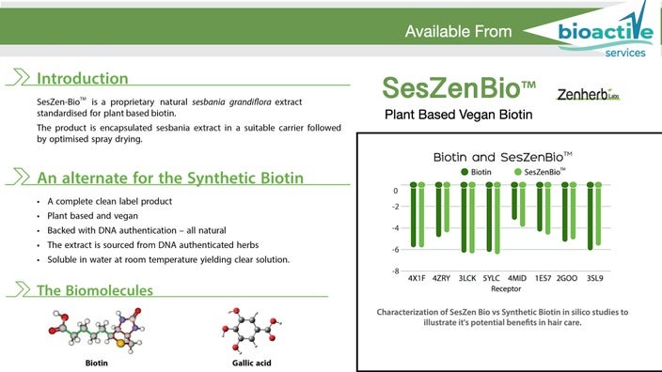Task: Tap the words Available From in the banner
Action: click(458, 32)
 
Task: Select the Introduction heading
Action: click(83, 78)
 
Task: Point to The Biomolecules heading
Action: click(94, 290)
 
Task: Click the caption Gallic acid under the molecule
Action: click(251, 362)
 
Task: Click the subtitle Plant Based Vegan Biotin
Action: click(459, 116)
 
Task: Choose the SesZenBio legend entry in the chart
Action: click(540, 172)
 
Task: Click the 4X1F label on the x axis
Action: click(417, 279)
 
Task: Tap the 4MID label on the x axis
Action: click(516, 279)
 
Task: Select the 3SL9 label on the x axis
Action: click(594, 279)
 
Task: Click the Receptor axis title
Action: click(506, 289)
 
